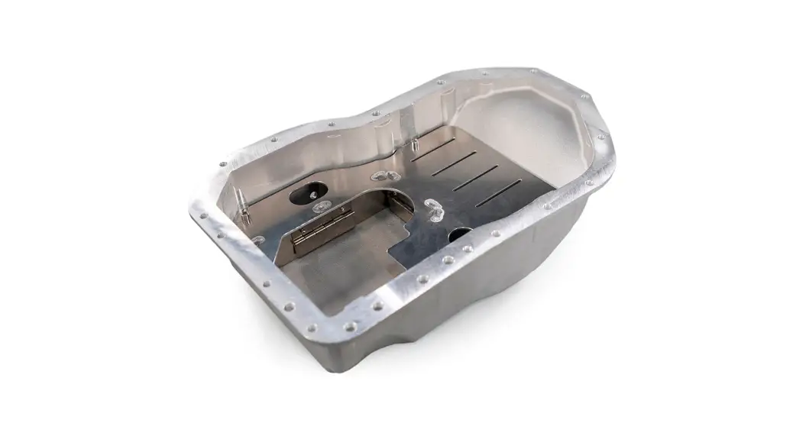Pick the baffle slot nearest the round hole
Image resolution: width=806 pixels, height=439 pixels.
[x=498, y=188]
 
